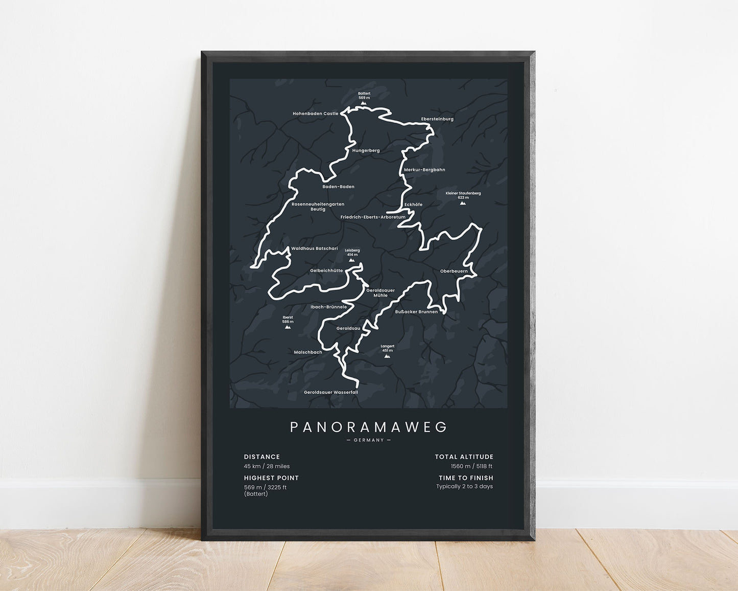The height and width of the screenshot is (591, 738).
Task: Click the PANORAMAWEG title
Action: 368,427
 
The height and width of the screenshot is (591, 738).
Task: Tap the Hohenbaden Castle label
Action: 315,113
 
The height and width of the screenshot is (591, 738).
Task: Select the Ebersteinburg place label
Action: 437,119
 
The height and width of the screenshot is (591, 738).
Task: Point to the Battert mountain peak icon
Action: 364,103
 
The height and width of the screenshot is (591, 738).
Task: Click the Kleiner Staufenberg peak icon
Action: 463,203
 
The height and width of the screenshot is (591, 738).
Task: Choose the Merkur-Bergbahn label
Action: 424,170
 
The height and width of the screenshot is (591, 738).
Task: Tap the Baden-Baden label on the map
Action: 338,187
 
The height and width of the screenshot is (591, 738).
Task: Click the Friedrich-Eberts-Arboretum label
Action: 373,217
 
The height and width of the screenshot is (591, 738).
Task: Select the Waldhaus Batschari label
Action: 314,248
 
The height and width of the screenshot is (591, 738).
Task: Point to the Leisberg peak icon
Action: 352,260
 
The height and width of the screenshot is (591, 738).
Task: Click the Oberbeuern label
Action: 454,271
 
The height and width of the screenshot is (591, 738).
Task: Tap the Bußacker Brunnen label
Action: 416,311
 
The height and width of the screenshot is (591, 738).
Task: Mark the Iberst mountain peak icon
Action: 288,327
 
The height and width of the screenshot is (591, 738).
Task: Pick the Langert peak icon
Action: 387,356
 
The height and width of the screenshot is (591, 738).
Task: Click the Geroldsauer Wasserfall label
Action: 331,392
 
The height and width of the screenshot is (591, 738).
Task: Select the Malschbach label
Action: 308,352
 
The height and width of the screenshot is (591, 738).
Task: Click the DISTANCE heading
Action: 262,457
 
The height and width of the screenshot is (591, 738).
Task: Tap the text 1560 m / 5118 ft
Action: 471,466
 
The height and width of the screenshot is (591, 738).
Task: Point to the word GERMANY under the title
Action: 368,440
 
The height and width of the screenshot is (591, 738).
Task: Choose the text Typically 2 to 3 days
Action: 464,487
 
